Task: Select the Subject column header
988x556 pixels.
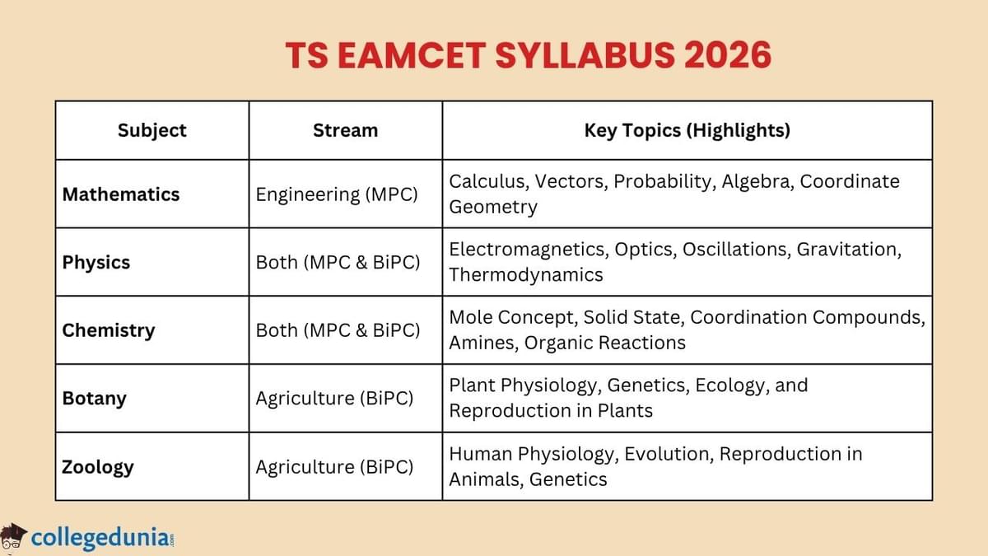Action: (x=152, y=130)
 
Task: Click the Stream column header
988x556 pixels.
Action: (x=346, y=130)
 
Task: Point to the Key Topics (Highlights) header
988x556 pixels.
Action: (x=687, y=130)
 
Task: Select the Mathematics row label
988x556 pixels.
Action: (x=121, y=194)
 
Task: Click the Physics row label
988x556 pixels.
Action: (x=96, y=263)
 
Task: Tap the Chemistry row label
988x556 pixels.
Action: (x=109, y=330)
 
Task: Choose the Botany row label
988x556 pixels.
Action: (x=95, y=399)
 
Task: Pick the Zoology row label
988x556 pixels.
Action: (x=98, y=467)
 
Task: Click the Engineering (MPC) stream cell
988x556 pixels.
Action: (x=337, y=194)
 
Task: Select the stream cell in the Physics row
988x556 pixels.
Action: (x=338, y=263)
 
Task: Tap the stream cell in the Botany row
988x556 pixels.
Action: (x=334, y=399)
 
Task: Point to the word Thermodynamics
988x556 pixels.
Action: (x=526, y=275)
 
